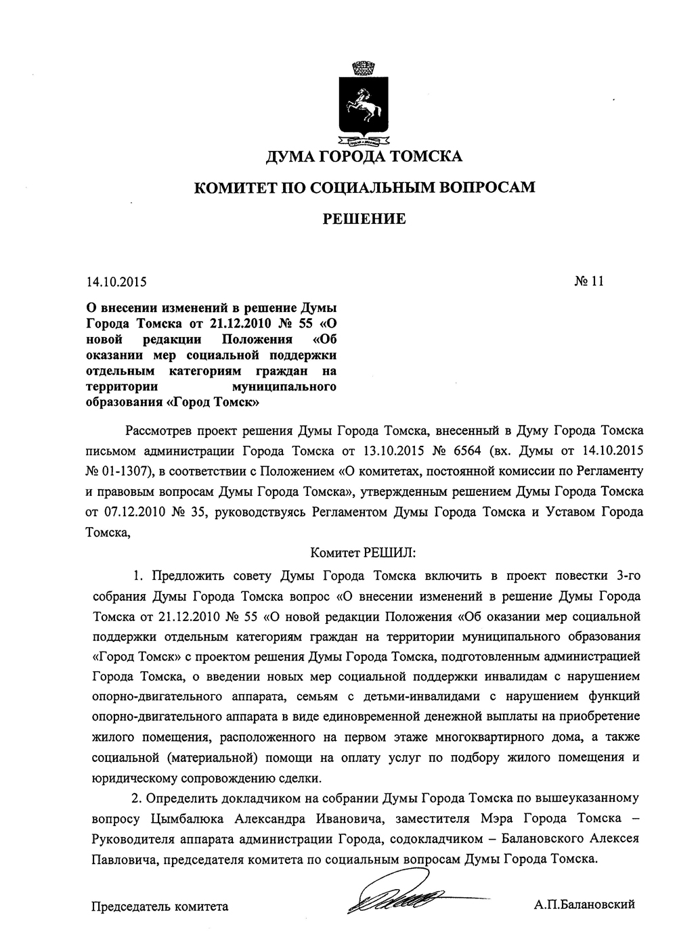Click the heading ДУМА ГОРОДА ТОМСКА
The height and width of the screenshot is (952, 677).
[x=364, y=157]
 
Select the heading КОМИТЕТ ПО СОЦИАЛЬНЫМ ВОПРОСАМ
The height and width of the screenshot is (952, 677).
[x=364, y=187]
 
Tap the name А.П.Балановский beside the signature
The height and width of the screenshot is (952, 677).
[x=584, y=905]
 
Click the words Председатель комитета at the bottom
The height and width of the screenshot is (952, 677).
[x=160, y=905]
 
